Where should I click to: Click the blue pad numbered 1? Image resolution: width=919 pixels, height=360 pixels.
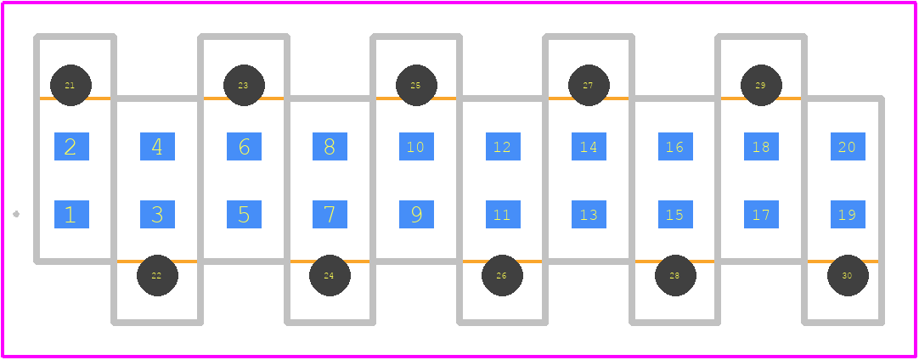71,215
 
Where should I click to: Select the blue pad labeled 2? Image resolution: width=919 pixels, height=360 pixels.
71,147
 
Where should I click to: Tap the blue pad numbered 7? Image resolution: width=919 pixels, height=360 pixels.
330,215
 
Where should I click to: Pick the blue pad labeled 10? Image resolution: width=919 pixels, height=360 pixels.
417,147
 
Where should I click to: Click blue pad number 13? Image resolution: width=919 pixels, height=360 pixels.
589,215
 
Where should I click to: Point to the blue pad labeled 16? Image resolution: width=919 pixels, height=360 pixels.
675,147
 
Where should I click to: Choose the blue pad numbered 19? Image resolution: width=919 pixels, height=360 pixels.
849,215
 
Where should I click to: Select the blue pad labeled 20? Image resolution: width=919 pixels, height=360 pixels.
849,147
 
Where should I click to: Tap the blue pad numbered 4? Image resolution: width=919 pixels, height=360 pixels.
158,147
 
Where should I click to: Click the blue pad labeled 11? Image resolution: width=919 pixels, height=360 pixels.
503,215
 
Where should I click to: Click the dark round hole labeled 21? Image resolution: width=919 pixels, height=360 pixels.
70,85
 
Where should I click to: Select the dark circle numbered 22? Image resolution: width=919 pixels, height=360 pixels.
158,276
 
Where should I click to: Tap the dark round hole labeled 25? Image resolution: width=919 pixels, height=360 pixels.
417,85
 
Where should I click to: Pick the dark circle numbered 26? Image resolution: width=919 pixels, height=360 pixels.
502,276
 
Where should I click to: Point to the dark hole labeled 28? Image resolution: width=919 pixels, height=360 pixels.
676,276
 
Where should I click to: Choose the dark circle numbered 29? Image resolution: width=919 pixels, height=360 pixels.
761,85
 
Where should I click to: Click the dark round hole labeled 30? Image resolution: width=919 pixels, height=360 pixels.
849,276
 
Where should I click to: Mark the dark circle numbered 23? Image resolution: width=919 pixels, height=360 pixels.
245,85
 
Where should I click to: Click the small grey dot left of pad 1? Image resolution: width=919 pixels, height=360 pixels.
16,214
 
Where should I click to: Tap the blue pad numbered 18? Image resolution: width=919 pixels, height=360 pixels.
761,147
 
